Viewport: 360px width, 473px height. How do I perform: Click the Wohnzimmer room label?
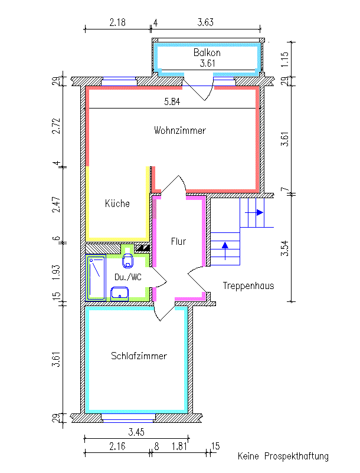(180, 130)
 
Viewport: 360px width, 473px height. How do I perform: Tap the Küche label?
(117, 203)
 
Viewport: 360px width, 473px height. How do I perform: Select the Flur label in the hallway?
(178, 241)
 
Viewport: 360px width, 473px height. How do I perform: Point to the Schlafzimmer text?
(139, 356)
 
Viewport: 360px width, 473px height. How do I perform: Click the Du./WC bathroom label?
(128, 277)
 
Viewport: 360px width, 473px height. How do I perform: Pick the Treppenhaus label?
(248, 285)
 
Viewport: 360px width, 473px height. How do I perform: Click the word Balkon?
(207, 52)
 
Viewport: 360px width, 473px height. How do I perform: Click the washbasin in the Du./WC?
(119, 294)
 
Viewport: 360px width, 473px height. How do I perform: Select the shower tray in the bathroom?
(96, 278)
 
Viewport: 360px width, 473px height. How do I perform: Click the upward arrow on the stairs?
(225, 251)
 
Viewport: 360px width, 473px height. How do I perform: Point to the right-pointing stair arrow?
(254, 213)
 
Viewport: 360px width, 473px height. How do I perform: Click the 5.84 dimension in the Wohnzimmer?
(172, 101)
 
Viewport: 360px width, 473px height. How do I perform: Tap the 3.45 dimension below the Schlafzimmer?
(136, 432)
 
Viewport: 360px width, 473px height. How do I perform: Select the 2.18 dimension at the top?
(117, 22)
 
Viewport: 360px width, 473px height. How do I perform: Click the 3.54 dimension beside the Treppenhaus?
(285, 248)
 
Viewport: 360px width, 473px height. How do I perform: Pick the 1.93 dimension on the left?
(57, 272)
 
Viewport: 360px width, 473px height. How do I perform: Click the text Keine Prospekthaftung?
(283, 456)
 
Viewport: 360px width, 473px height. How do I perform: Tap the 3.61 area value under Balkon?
(207, 63)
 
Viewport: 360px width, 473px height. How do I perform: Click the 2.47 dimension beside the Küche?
(57, 205)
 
